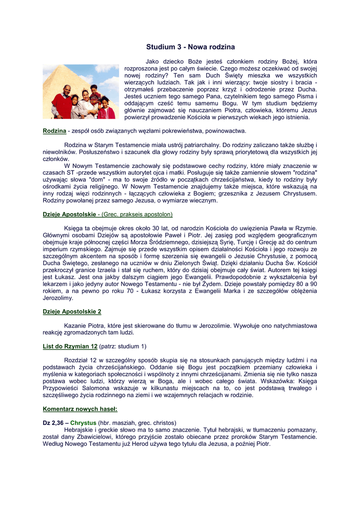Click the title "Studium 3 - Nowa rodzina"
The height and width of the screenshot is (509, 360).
click(190, 47)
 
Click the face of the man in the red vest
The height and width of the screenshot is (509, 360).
click(67, 90)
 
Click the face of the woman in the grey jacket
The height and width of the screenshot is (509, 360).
click(85, 94)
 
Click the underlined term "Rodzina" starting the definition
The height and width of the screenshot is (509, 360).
click(54, 131)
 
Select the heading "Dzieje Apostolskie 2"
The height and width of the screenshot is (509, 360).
click(72, 312)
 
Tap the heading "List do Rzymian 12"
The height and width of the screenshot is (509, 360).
click(70, 346)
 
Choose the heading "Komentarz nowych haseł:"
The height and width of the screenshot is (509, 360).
click(80, 409)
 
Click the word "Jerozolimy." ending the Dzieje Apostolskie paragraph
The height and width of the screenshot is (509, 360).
click(58, 298)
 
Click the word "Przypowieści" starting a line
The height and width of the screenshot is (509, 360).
click(61, 388)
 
